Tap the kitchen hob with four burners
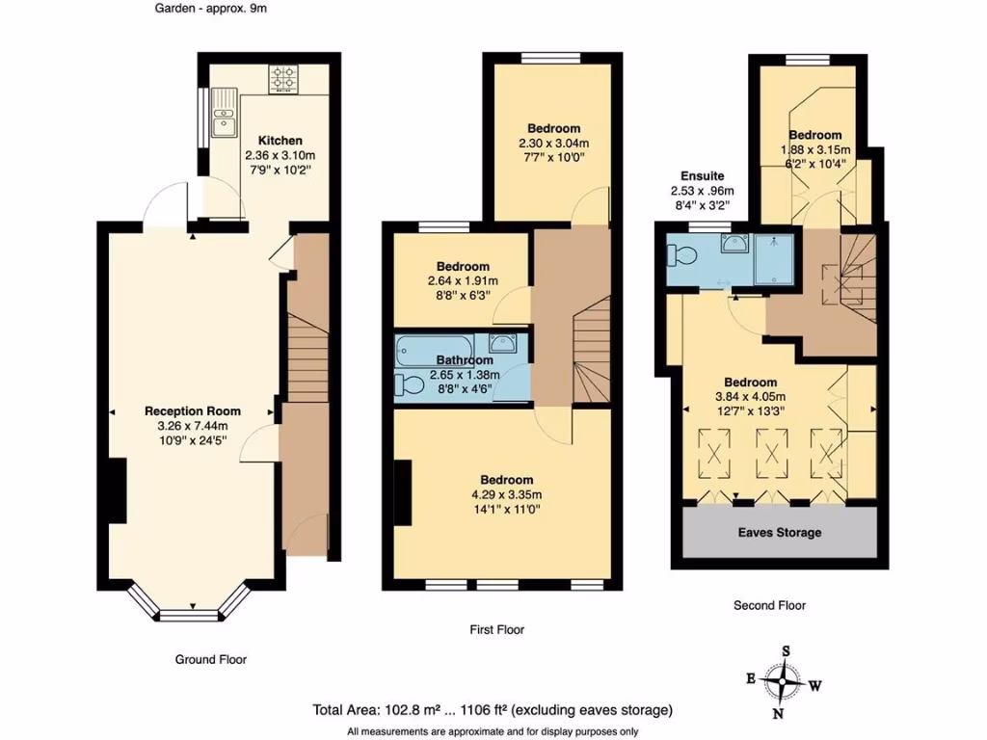coord(284,78)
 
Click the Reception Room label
coord(192,411)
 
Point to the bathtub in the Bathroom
coord(433,348)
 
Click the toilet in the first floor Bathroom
coord(409,384)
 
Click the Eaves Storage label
coord(780,532)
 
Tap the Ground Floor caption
coord(210,660)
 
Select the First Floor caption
coord(496,629)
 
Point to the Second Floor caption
coord(768,606)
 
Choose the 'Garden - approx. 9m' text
coord(209,10)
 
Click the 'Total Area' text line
coord(493,710)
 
